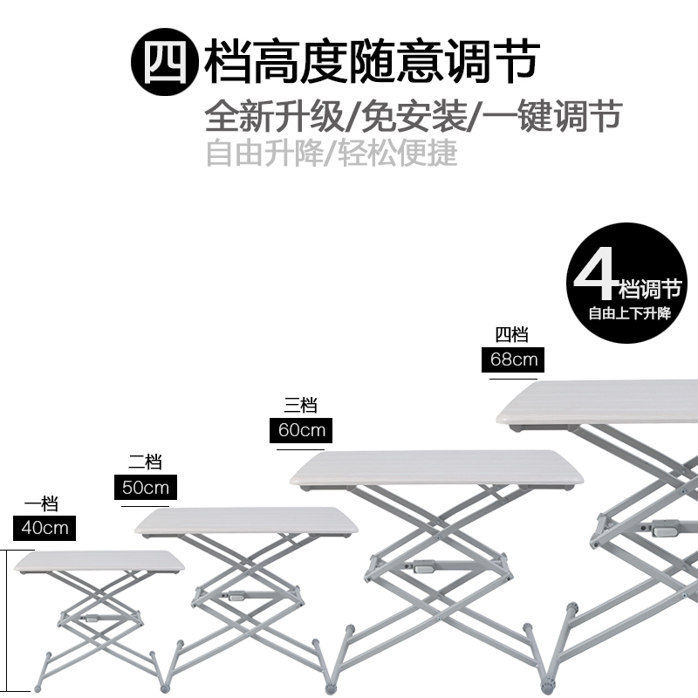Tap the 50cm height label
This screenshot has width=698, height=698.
146,487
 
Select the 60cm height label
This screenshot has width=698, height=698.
301,430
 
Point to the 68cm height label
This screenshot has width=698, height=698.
513,359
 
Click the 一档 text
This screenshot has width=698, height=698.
41,504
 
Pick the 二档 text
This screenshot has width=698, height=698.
145,463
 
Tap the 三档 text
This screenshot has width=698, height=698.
300,406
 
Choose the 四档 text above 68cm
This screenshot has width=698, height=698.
512,335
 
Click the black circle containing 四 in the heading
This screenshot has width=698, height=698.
163,60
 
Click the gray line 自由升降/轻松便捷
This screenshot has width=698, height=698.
332,154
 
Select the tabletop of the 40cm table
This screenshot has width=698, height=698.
99,560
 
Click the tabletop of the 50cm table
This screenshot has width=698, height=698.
247,521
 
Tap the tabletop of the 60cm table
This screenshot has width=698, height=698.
436,468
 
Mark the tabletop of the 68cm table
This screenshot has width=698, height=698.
602,400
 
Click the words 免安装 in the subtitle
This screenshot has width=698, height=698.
411,115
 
